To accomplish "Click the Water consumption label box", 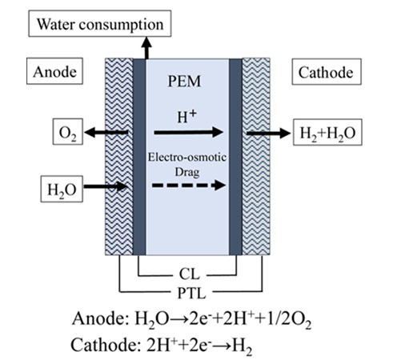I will click(x=98, y=25).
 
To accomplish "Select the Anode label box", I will click(x=54, y=72).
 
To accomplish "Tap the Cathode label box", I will click(x=324, y=73).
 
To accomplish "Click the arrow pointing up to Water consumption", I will click(x=146, y=47).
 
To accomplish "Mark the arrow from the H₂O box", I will click(x=104, y=190).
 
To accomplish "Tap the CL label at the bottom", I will click(x=188, y=273).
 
